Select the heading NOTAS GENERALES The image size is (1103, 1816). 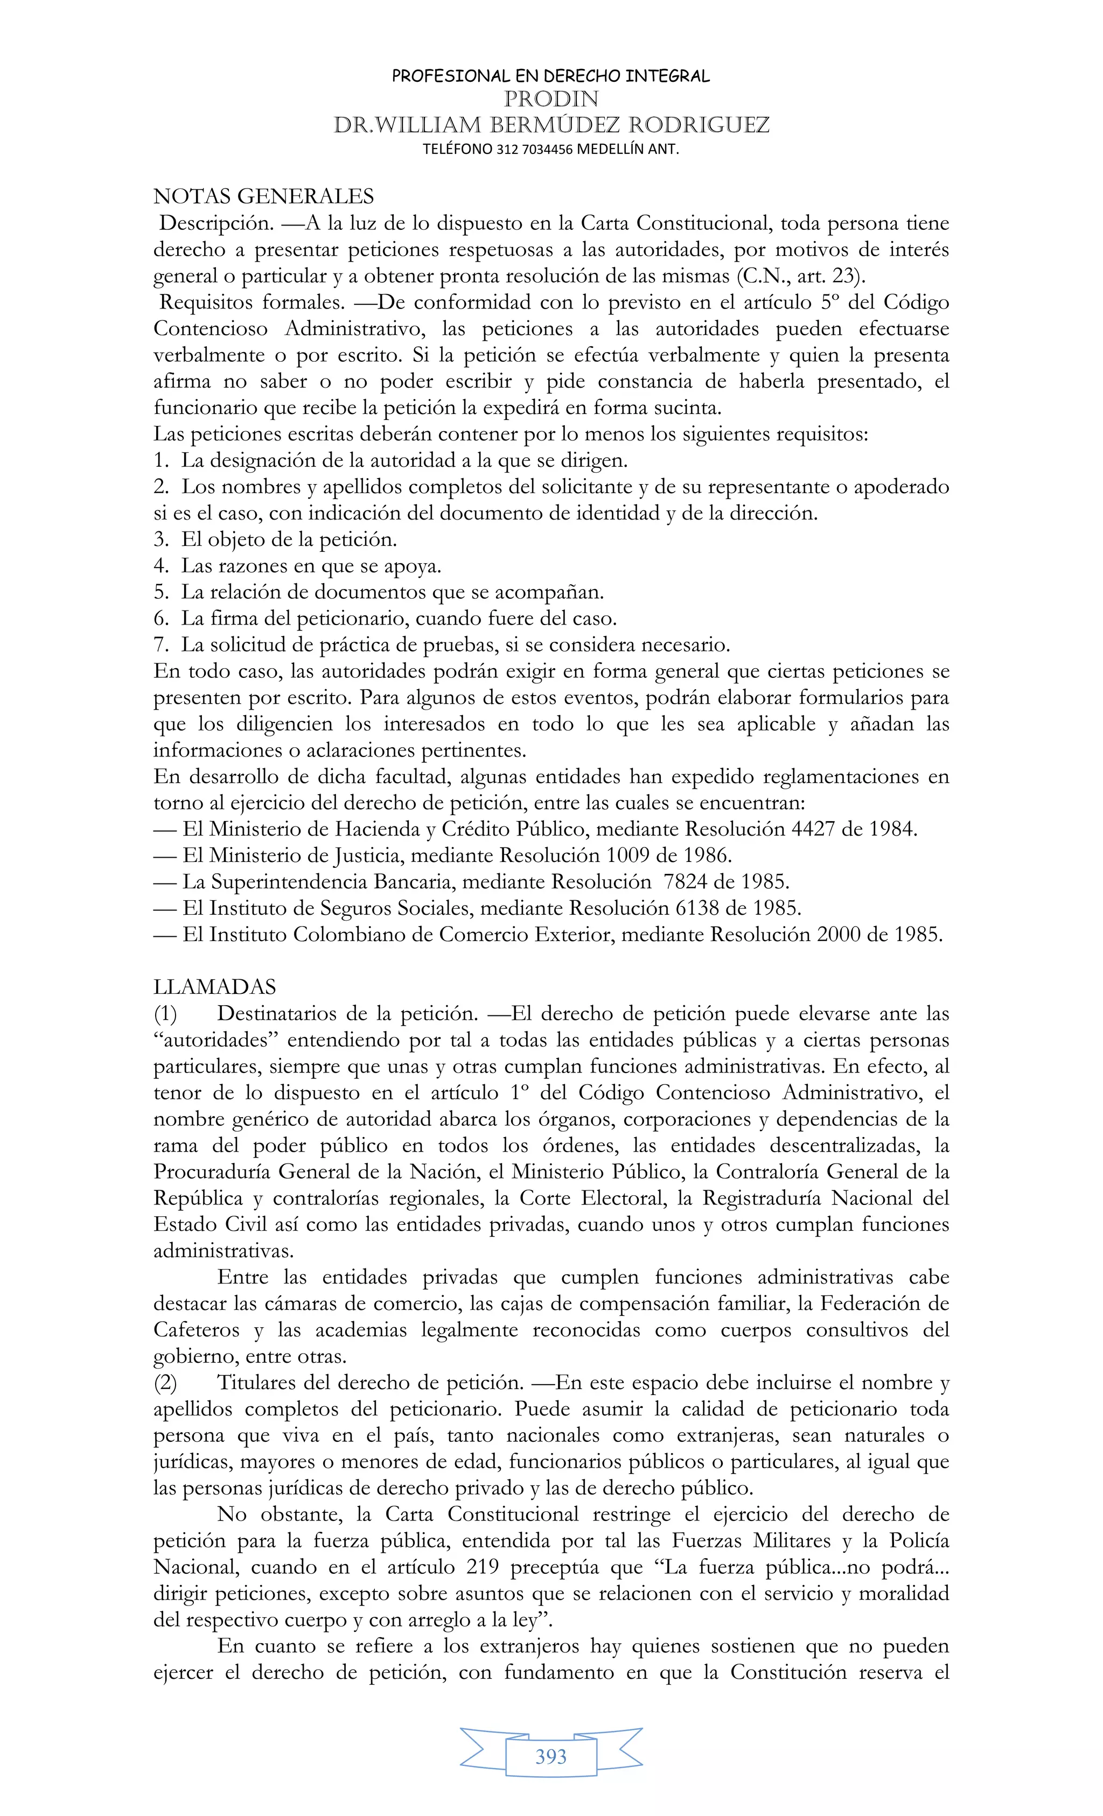263,197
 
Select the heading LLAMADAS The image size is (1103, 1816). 214,987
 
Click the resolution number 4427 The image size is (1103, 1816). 813,829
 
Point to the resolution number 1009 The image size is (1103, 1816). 628,856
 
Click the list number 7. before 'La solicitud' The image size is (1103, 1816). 162,645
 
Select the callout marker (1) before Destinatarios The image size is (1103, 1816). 165,1014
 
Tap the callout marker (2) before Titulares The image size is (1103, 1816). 165,1383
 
